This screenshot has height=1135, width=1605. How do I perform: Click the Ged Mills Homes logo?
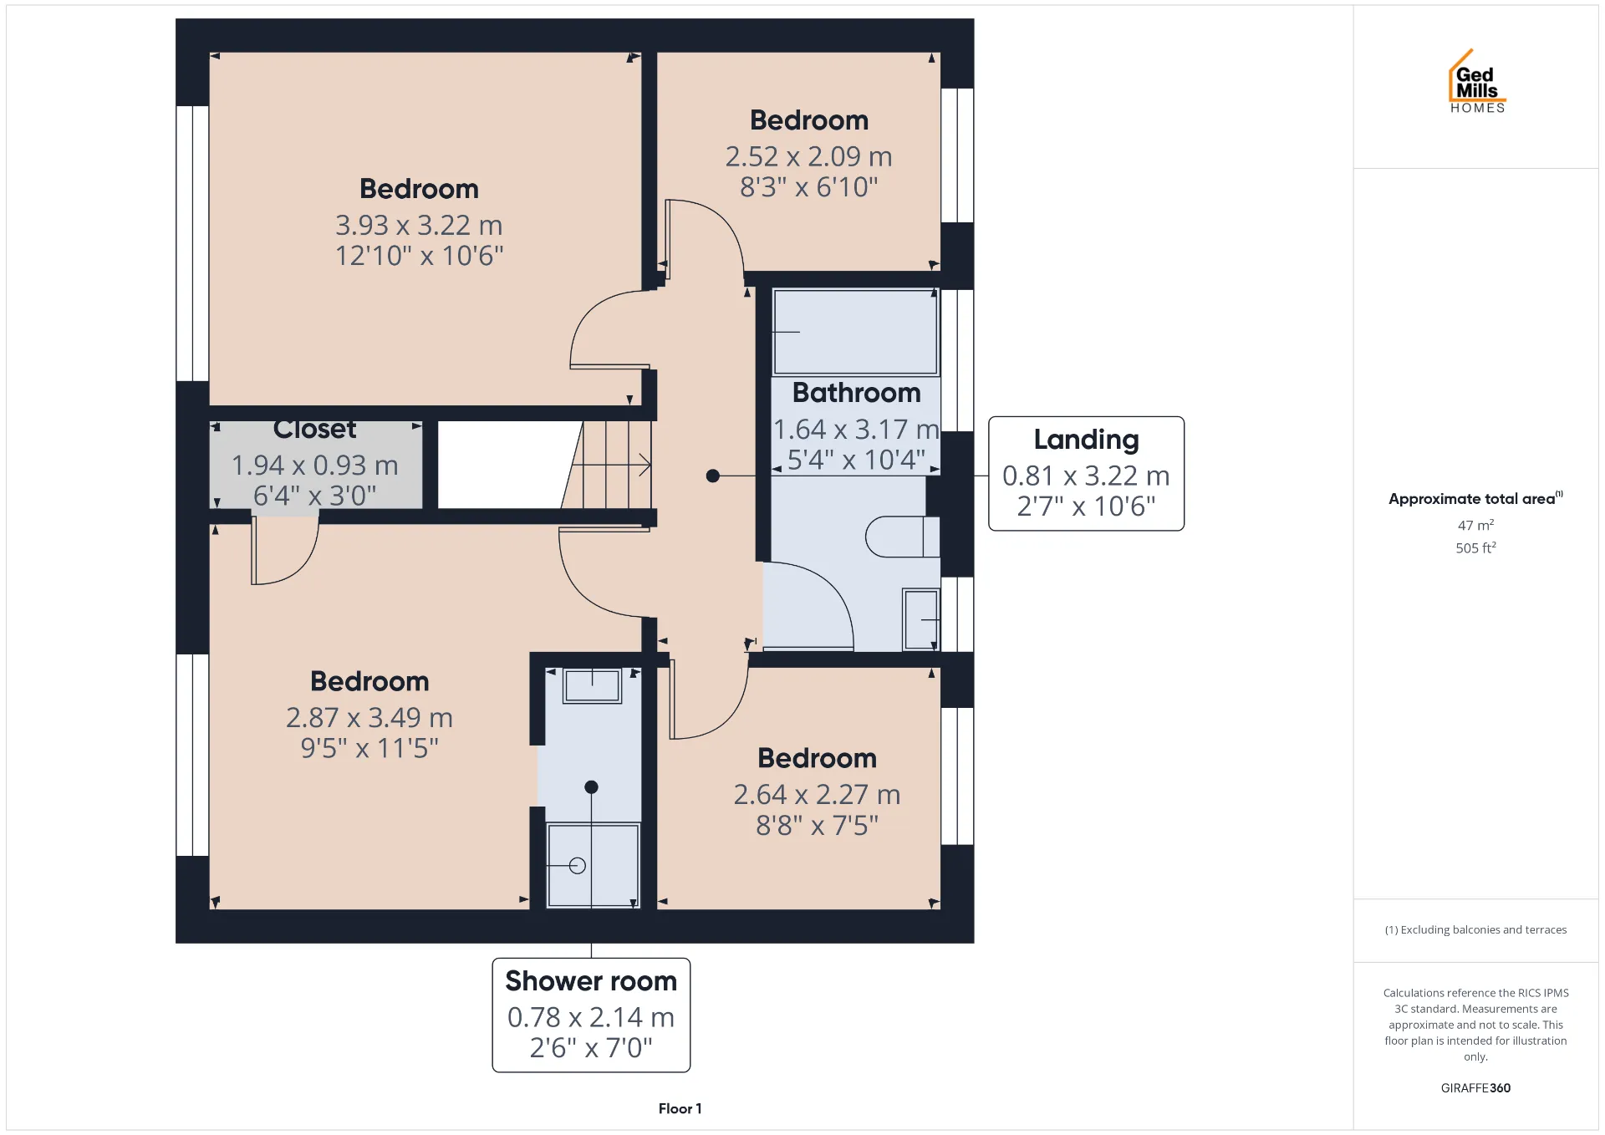(x=1477, y=81)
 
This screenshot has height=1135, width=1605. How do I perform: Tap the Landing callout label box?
(x=1086, y=473)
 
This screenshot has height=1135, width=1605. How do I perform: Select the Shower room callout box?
(x=591, y=1015)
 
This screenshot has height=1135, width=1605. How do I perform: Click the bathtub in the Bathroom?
(x=855, y=332)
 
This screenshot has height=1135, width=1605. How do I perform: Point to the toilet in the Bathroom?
(x=902, y=537)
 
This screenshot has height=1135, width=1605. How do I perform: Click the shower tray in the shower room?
(x=592, y=865)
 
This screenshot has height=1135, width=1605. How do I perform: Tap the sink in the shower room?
(x=592, y=686)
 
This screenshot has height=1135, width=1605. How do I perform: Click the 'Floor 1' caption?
(x=680, y=1108)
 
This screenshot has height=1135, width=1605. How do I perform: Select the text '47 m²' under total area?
(x=1475, y=525)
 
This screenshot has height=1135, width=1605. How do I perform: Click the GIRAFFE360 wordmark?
(x=1475, y=1087)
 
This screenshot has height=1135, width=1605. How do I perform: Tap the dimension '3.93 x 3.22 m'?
(x=419, y=225)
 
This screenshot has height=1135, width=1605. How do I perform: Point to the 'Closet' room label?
(x=314, y=430)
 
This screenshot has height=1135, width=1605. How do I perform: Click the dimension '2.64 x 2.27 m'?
(x=817, y=794)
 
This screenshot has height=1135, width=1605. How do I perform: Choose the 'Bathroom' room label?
(x=856, y=392)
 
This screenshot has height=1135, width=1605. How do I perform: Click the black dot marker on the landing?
(x=712, y=476)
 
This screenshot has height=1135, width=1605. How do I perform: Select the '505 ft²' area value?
(x=1475, y=547)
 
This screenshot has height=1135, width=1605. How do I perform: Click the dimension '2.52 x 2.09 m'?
(x=808, y=156)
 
